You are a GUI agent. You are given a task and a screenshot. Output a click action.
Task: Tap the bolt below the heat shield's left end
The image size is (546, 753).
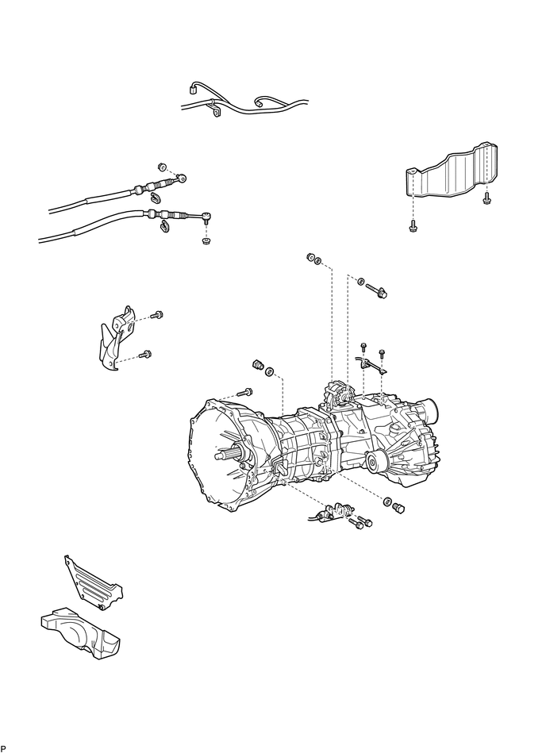point(413,225)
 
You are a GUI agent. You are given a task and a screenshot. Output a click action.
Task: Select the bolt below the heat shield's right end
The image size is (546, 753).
point(487,198)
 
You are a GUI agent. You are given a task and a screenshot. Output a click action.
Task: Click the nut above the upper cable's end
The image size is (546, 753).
point(162,167)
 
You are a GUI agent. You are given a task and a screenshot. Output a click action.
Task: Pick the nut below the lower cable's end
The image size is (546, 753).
point(206,240)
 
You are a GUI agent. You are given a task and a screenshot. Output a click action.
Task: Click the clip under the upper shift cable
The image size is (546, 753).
point(155,197)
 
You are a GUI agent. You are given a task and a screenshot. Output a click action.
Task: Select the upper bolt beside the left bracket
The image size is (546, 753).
point(156,316)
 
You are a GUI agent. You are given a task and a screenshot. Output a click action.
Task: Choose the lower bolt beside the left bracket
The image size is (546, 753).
point(144,355)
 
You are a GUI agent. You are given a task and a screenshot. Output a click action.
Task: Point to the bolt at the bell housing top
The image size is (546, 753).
point(245,392)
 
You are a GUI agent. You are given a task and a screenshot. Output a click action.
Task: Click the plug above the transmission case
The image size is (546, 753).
point(259,366)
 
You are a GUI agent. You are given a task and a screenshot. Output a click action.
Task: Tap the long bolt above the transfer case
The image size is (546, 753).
point(376,290)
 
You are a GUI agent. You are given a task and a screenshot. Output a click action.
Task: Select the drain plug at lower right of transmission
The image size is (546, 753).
point(398,508)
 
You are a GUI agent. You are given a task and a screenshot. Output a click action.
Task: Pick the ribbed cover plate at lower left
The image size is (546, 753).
point(94,583)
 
